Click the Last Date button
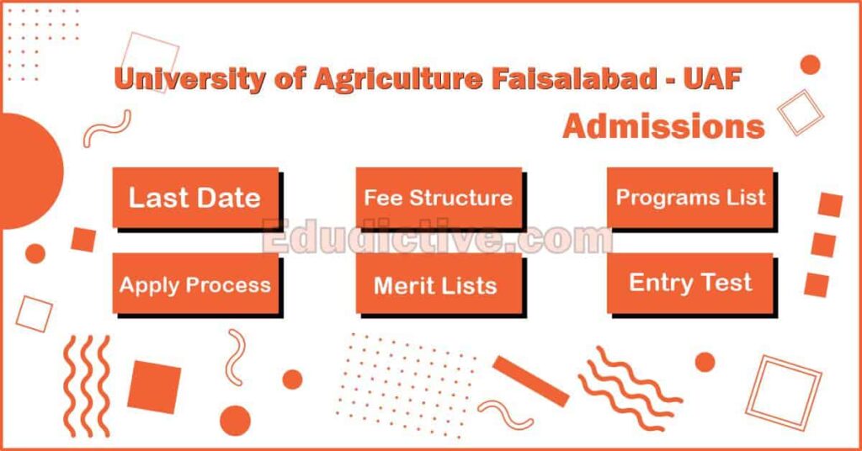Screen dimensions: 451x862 [x=194, y=198]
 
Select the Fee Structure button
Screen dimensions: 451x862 [x=438, y=198]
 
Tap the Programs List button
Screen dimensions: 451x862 [x=690, y=198]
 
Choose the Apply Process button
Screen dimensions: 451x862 [x=194, y=284]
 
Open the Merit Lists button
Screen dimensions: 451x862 [x=435, y=284]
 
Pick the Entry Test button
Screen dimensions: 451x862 [x=690, y=283]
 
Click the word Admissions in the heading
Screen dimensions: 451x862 [x=663, y=127]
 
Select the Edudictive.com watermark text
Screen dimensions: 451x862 [x=437, y=238]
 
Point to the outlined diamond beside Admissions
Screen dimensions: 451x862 [x=799, y=112]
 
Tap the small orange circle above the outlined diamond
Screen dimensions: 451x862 [x=810, y=65]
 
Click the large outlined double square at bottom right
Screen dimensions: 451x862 [x=783, y=390]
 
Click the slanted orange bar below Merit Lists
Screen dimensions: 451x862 [x=530, y=381]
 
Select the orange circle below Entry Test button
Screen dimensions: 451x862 [x=705, y=362]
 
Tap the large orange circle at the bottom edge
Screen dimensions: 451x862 [x=235, y=421]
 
